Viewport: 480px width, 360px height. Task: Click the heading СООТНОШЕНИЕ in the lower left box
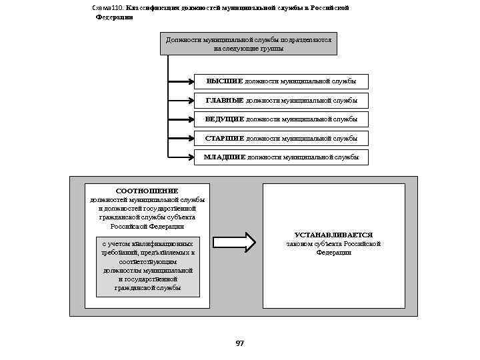tap(147, 191)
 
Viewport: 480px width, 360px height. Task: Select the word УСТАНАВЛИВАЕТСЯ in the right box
tap(333, 235)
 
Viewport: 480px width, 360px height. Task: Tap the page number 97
tap(240, 343)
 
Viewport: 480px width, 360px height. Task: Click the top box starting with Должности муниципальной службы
tap(249, 44)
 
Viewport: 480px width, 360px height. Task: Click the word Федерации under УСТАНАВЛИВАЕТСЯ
tap(333, 253)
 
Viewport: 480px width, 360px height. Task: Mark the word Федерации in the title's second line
tap(114, 17)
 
